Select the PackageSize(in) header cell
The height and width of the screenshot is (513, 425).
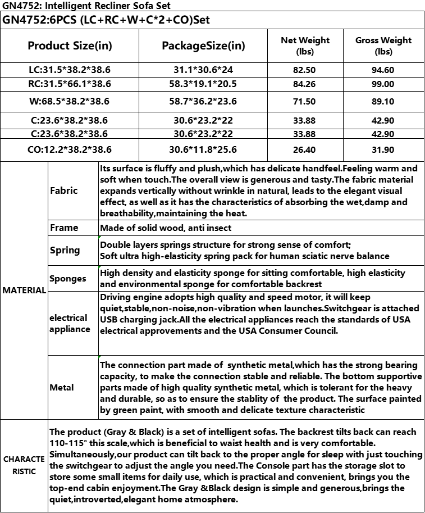point(203,46)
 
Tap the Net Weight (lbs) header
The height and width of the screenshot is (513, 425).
point(305,46)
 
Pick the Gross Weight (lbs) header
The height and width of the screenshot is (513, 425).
point(383,46)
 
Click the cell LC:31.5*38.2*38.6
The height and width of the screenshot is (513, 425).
point(70,70)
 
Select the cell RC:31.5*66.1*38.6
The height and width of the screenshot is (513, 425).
point(70,84)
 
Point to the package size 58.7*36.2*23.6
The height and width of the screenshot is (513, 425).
point(203,102)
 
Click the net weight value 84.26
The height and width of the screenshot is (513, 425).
point(305,84)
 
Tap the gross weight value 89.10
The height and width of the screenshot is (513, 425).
point(383,102)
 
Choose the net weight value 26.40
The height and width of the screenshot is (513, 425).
point(305,150)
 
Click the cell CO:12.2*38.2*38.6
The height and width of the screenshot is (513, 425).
point(70,150)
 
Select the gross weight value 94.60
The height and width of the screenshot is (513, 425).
point(383,70)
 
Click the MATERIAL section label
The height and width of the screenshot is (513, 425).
point(24,290)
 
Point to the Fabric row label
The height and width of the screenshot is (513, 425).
point(63,190)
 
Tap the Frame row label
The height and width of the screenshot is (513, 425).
point(64,228)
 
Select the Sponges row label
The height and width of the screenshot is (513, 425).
point(67,279)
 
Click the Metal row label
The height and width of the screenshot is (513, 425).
point(61,388)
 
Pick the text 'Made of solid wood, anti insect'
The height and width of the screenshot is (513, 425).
point(166,228)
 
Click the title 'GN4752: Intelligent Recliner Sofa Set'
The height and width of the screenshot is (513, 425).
point(86,6)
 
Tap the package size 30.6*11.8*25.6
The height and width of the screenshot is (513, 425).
point(203,150)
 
